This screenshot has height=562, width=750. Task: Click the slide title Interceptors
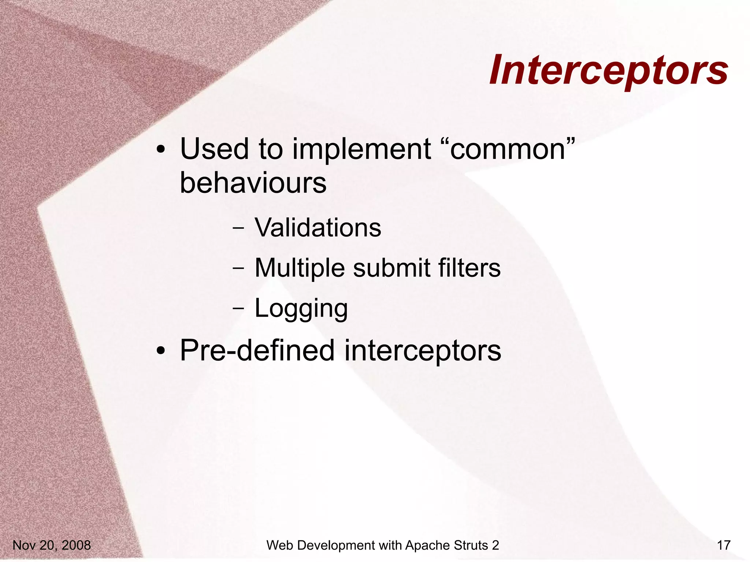[608, 71]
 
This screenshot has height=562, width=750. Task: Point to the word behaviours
[253, 183]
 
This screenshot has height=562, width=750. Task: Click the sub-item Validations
[318, 228]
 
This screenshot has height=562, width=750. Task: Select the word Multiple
[299, 268]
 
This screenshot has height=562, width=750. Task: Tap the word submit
[391, 268]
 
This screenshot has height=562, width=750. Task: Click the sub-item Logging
[301, 309]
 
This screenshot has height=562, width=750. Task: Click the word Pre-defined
[257, 350]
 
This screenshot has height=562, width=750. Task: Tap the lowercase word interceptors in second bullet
[422, 351]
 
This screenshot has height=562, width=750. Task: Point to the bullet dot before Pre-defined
[161, 351]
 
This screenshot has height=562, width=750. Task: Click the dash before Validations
[238, 228]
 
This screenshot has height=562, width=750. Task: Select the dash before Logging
[238, 308]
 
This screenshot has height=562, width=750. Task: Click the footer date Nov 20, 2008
[52, 545]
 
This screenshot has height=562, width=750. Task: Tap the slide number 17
[724, 545]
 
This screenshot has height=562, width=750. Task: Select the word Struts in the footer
[470, 545]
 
